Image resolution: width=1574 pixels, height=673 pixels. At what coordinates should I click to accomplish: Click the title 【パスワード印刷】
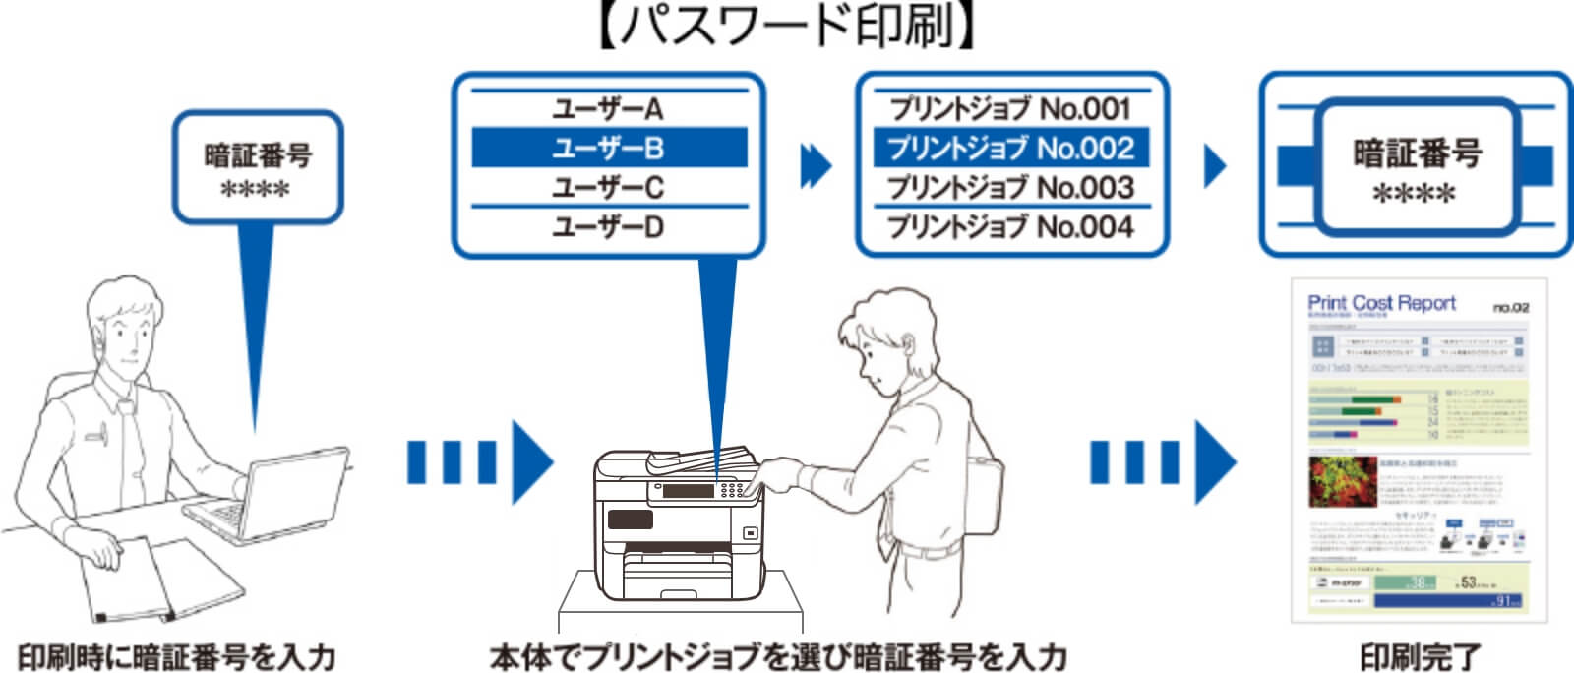(x=787, y=28)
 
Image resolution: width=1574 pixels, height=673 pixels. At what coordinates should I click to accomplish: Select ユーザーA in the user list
(x=608, y=108)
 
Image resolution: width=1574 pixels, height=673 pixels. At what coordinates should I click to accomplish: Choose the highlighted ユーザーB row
(x=608, y=148)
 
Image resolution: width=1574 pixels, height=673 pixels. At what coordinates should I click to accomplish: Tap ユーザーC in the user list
(x=608, y=187)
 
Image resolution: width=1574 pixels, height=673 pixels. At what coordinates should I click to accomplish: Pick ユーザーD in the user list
(x=608, y=227)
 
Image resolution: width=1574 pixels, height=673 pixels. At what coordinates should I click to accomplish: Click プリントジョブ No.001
(x=1010, y=108)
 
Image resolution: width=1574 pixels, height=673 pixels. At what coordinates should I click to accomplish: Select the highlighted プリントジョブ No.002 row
(x=1010, y=148)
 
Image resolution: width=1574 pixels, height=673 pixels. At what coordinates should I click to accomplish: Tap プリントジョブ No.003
(x=1010, y=187)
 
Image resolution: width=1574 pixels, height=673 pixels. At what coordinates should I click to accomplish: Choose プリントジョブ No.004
(x=1010, y=227)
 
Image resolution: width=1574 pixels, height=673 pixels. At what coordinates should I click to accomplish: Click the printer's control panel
(x=703, y=489)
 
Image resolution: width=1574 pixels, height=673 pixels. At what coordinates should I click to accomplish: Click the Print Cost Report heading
(x=1381, y=303)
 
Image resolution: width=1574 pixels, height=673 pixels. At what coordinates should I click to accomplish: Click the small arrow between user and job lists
(x=816, y=165)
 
